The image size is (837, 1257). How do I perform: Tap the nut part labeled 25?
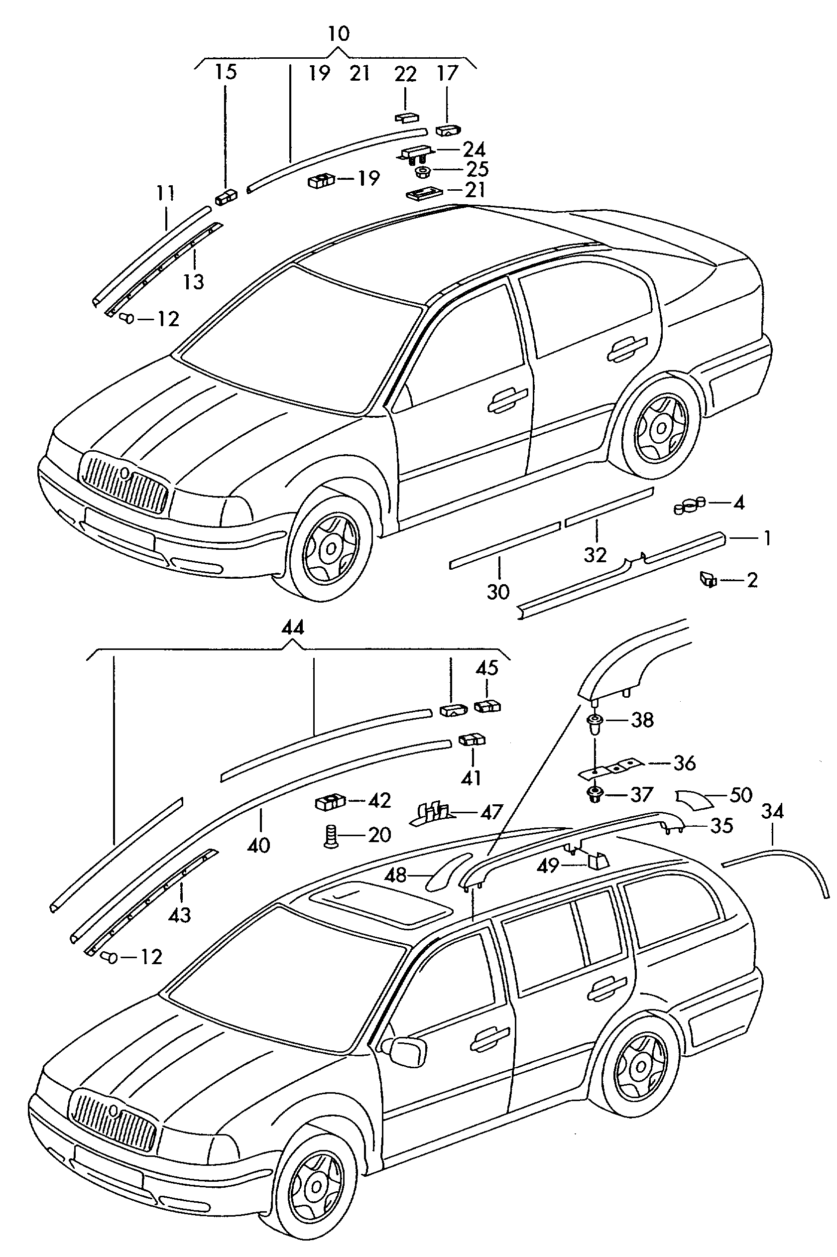click(422, 171)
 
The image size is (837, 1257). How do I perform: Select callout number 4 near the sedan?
click(738, 503)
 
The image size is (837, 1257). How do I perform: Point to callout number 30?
click(498, 592)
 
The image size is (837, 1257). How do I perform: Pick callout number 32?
click(595, 555)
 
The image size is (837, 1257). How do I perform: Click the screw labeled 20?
click(329, 835)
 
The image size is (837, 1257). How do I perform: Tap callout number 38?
click(642, 720)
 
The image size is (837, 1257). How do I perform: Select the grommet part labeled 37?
click(593, 795)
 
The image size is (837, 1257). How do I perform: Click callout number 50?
click(741, 795)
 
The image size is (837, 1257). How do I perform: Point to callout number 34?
click(772, 812)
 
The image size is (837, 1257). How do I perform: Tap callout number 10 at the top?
click(339, 34)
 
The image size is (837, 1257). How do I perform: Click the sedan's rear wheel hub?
click(661, 429)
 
